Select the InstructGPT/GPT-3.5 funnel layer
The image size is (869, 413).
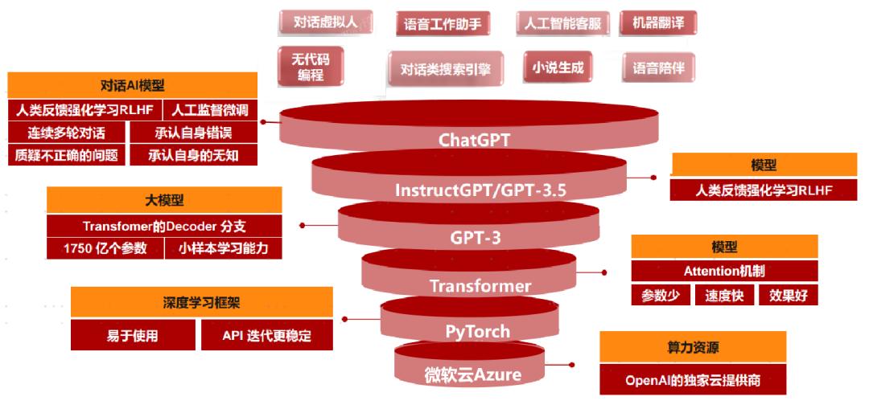(x=475, y=190)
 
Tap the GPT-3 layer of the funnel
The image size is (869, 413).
(x=475, y=237)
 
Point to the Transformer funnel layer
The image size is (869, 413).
(x=480, y=285)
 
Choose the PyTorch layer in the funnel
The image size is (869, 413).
(x=478, y=331)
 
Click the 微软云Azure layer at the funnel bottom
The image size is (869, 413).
(x=473, y=374)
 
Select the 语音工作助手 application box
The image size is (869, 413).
(x=443, y=24)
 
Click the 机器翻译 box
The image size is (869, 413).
(x=657, y=22)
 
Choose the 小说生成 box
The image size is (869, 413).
(x=556, y=68)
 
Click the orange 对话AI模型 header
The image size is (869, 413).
(x=132, y=85)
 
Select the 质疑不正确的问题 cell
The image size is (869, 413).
(x=67, y=155)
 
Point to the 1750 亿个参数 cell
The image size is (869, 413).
(x=105, y=248)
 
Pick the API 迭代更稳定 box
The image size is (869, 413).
(x=266, y=336)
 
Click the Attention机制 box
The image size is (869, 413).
(x=724, y=271)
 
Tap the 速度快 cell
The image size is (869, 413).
(x=724, y=295)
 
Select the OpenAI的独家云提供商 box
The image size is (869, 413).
(x=693, y=380)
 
